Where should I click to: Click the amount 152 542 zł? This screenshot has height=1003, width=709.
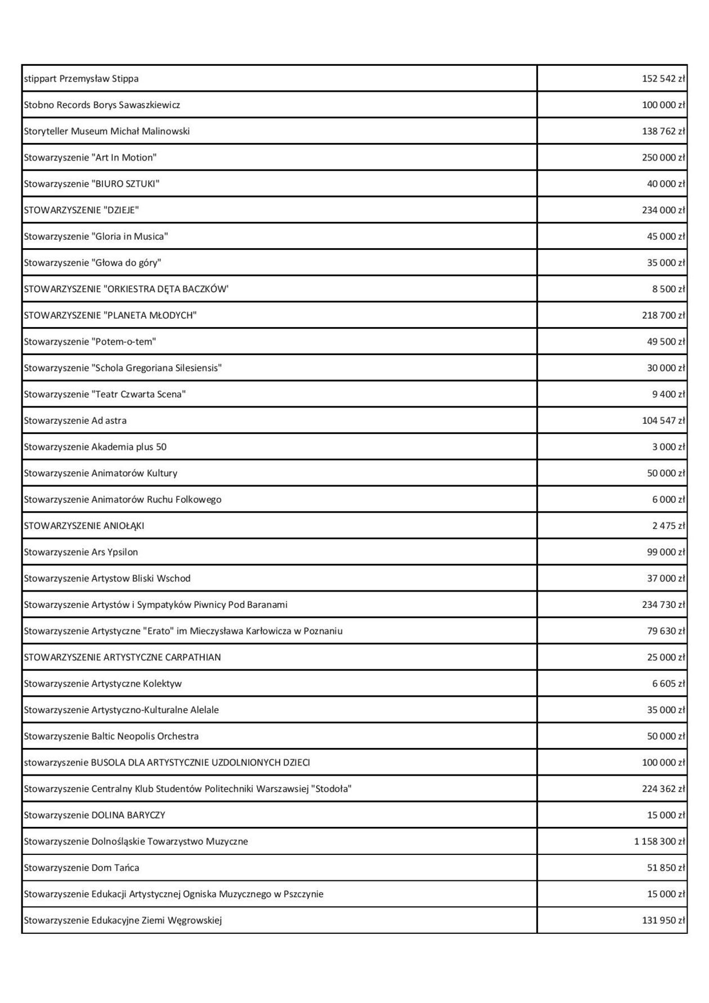click(663, 79)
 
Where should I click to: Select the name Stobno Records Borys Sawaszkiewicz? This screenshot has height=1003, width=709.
click(102, 105)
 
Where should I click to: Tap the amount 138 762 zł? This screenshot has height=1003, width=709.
click(663, 132)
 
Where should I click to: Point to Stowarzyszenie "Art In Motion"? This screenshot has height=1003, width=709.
click(90, 158)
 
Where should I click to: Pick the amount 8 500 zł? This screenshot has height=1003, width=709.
click(668, 289)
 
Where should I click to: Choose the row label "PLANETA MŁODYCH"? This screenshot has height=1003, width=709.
click(150, 316)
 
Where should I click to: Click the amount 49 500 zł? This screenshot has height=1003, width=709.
click(666, 342)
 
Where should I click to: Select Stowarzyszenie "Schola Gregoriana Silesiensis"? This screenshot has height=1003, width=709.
click(123, 368)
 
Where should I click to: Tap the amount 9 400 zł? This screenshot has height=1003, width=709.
click(668, 395)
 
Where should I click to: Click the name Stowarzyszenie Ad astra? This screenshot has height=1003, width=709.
click(75, 420)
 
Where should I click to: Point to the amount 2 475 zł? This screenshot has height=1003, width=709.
click(668, 526)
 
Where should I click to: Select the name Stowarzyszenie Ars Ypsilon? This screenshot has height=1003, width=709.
click(80, 552)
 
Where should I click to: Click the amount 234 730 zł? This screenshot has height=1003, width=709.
click(663, 605)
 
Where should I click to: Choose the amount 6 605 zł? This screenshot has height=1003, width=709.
click(668, 684)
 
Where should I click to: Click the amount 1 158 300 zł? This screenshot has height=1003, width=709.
click(659, 841)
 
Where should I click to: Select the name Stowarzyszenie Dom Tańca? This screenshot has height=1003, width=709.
click(81, 868)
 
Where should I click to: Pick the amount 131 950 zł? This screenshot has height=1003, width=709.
click(663, 921)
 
